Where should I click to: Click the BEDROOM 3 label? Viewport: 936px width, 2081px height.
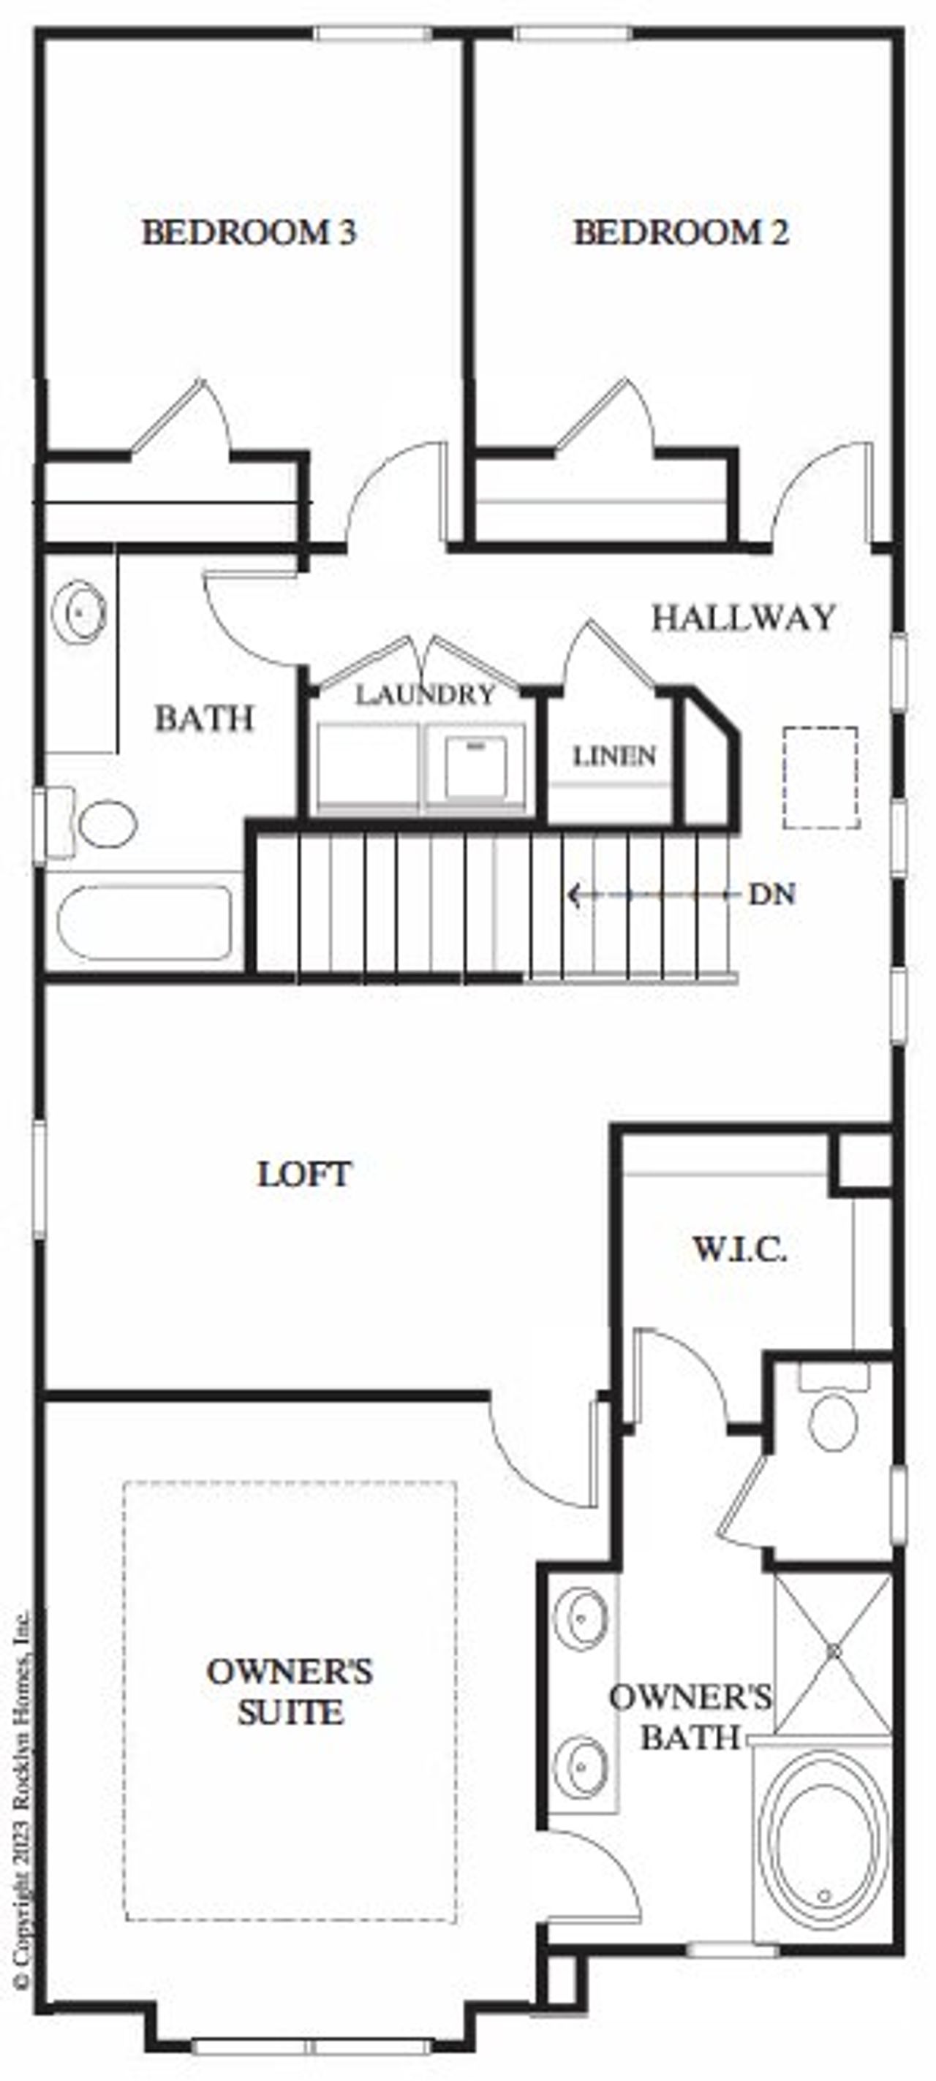249,232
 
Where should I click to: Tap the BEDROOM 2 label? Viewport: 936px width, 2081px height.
681,232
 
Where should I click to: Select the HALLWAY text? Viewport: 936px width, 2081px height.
743,618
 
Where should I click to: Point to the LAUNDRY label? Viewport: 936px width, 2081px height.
425,694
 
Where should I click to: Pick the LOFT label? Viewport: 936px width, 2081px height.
305,1174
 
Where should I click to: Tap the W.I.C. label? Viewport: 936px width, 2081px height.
739,1250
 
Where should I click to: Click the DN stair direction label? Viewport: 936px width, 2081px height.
772,894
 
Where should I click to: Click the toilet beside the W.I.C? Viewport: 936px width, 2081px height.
834,1419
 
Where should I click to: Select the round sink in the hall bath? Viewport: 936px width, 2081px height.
79,613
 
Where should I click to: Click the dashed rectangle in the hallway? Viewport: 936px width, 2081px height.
820,777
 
